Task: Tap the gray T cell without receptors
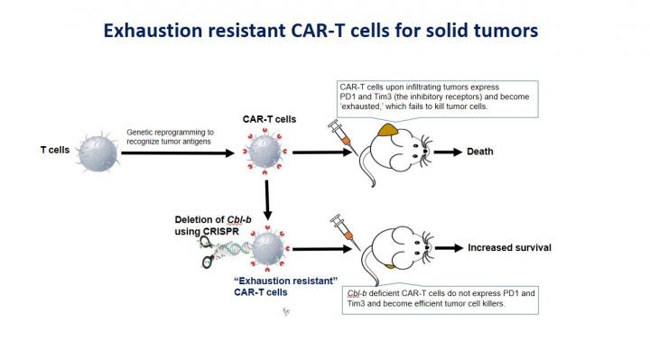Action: [98, 151]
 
